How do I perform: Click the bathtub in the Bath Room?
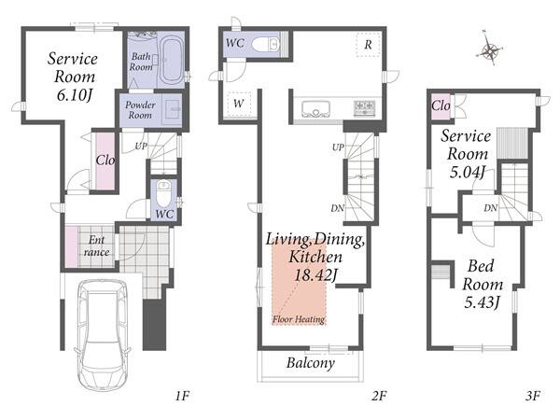click(172, 60)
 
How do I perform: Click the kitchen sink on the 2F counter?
click(315, 108)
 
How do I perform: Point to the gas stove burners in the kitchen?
click(364, 108)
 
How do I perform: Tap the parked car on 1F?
click(103, 335)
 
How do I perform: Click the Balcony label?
click(311, 363)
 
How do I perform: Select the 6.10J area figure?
click(75, 95)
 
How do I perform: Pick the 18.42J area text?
click(316, 275)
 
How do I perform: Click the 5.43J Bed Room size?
click(482, 302)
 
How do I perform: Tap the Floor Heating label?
click(299, 319)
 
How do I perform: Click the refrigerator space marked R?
click(368, 45)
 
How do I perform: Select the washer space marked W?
click(239, 104)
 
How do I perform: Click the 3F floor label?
click(533, 396)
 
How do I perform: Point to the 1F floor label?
click(182, 396)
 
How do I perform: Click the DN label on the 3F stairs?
click(490, 207)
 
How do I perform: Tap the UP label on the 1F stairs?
click(140, 147)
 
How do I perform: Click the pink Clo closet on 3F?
click(441, 105)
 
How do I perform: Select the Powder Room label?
click(140, 110)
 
